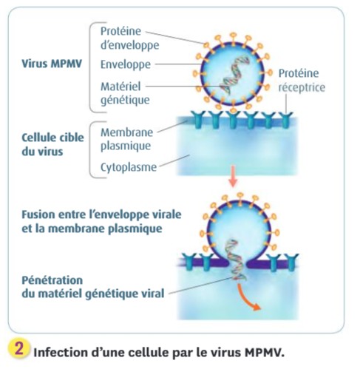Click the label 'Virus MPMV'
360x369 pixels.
(x=52, y=64)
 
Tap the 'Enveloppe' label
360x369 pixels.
(x=126, y=64)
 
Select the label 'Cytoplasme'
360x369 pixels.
(x=129, y=167)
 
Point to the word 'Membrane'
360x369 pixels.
(x=126, y=132)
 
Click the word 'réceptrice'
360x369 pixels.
(x=302, y=87)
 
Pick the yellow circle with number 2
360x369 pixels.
(x=19, y=349)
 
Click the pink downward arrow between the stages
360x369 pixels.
(x=233, y=176)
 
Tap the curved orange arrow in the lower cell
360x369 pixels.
(x=248, y=298)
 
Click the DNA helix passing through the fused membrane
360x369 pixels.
(x=236, y=260)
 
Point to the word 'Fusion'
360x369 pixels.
(x=38, y=214)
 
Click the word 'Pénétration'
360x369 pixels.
(x=52, y=280)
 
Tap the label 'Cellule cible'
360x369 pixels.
(x=52, y=138)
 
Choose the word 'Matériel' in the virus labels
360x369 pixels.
(x=120, y=87)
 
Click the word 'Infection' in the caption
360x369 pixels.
(x=60, y=353)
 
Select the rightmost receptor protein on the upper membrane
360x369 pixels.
(x=285, y=120)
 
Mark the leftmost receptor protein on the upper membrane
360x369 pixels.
(x=197, y=120)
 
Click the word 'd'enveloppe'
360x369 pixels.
(x=130, y=45)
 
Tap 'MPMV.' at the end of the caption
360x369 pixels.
(x=265, y=353)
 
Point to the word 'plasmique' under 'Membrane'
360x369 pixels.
(x=126, y=146)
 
